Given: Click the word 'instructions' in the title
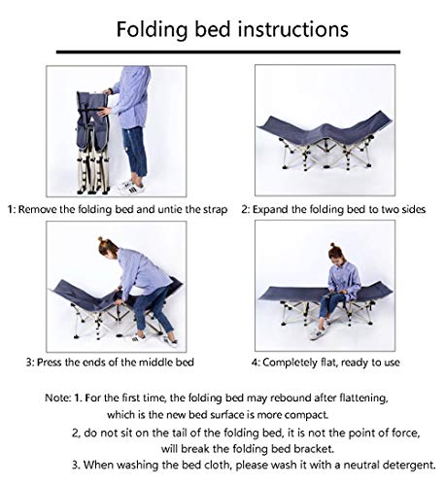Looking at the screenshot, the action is point(292,29).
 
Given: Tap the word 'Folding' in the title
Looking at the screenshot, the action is point(152,30).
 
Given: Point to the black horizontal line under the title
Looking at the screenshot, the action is point(228,52).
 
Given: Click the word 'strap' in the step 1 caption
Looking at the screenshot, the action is point(215,210).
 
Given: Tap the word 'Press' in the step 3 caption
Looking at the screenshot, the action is point(49,362).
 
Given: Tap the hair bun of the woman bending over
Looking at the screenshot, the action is point(101,240).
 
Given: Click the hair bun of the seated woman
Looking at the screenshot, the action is point(332,246).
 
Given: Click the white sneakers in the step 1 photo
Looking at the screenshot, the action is point(131,188).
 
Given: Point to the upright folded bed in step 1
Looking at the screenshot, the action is point(93,143).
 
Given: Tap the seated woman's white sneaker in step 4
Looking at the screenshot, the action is point(317,333).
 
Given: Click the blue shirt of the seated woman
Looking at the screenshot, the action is point(344,278).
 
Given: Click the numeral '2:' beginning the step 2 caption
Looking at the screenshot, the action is point(245,210).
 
